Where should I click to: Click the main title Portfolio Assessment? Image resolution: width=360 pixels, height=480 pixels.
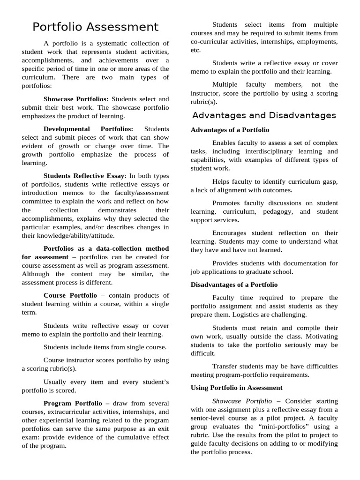[96, 27]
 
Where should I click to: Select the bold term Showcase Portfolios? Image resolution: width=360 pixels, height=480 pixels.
[76, 99]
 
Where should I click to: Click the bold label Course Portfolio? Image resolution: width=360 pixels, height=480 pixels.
[70, 295]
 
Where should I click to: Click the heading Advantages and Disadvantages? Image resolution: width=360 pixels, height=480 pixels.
[264, 115]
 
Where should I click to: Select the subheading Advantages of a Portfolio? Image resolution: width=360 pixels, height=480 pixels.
[230, 130]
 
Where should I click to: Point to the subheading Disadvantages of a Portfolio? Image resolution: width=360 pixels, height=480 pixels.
[234, 285]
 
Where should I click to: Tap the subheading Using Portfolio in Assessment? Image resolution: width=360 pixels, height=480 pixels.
[236, 388]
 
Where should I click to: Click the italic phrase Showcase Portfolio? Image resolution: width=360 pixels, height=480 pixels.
[242, 401]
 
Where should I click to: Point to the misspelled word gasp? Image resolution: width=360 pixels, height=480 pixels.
[329, 181]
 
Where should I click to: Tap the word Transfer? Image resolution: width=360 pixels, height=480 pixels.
[225, 366]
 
